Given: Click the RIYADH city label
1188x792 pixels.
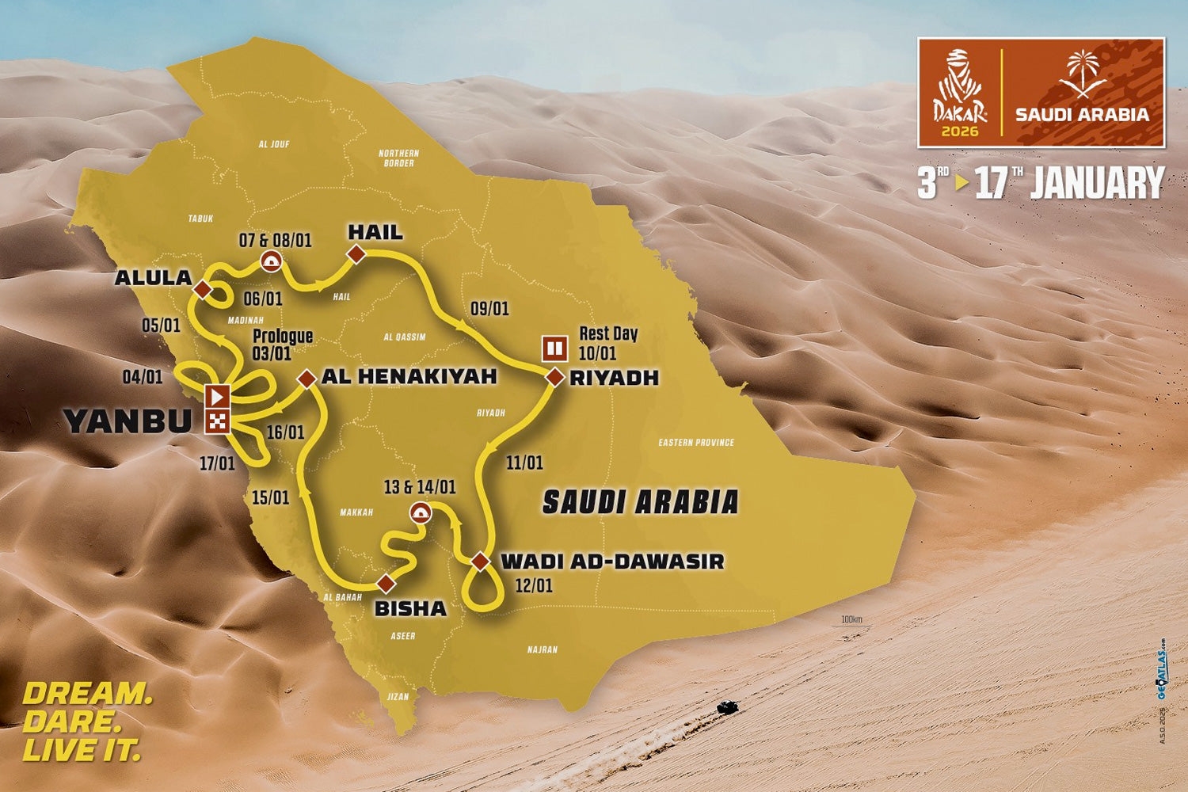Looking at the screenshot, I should [615, 378].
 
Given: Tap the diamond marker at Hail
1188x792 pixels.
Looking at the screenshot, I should [356, 253].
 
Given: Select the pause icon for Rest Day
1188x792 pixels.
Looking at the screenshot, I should [554, 347].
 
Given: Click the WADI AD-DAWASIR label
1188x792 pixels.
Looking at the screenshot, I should [613, 562].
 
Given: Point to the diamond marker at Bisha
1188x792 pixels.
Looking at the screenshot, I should [386, 584].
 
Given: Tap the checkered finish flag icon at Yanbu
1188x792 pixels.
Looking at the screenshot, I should [217, 421].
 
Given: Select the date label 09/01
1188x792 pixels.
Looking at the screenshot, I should [489, 308].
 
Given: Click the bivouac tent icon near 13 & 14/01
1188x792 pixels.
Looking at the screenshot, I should [421, 512].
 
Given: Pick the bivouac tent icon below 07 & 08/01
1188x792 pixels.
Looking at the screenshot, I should [272, 261].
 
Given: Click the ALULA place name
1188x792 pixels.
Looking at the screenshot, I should [154, 277].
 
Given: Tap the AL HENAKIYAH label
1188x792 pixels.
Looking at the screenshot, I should [409, 376].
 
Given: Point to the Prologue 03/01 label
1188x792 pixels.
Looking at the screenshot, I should [282, 345].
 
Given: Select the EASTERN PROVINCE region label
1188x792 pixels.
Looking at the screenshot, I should [696, 443].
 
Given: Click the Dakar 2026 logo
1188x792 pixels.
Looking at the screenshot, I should [959, 93].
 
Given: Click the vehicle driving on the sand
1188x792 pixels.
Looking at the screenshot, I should [724, 706].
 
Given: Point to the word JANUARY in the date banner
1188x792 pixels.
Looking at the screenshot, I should [1097, 184].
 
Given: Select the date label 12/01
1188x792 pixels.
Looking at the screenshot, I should [533, 586].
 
